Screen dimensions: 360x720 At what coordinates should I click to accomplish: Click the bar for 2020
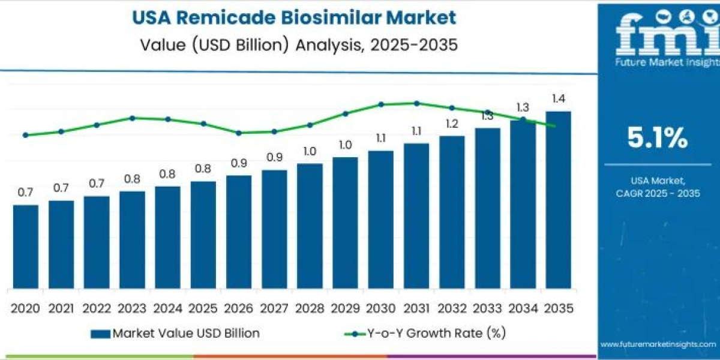tap(25, 246)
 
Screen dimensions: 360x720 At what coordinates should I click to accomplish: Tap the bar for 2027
tap(274, 229)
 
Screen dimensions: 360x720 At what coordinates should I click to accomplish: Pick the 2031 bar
tap(416, 215)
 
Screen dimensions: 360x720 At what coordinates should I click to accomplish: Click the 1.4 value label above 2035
tap(558, 99)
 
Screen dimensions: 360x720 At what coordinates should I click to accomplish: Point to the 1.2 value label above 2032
tap(452, 124)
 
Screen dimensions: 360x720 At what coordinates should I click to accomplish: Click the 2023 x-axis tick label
tap(132, 308)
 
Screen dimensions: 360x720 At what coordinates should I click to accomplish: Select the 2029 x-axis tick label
tap(345, 308)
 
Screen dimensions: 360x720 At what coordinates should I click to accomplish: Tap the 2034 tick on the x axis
tap(523, 308)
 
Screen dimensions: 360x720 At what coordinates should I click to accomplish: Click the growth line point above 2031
tap(417, 103)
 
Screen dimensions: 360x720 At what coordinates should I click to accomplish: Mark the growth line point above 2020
tap(25, 135)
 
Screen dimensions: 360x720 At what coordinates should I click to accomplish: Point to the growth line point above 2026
tap(238, 133)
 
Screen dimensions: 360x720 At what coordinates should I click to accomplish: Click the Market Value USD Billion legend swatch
tap(100, 334)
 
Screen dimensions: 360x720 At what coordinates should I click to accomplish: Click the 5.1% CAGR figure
tap(658, 139)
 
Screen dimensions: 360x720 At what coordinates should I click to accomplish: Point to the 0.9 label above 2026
tap(238, 163)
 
